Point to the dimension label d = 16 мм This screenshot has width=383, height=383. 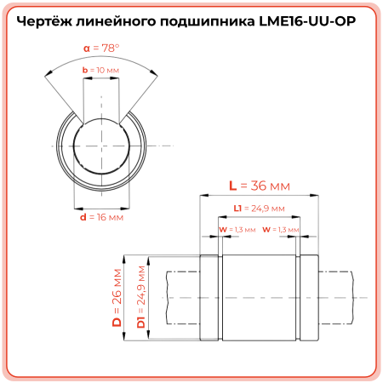point(101,217)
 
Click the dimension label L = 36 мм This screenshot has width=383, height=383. point(260,186)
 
